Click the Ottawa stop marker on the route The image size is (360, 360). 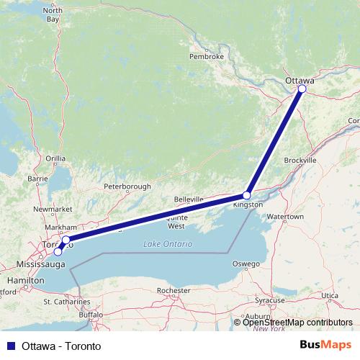point(302,89)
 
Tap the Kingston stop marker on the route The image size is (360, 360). point(247,195)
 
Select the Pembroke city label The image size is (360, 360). point(207,56)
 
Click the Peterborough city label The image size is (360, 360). point(127,186)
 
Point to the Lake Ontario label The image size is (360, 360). point(168,244)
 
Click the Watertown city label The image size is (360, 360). point(290,216)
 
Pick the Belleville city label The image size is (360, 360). point(190,199)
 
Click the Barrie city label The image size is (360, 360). point(37,178)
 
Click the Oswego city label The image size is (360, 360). point(246,264)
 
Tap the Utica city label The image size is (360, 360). point(329,295)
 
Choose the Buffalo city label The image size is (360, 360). point(91,315)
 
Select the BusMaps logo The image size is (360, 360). point(325,346)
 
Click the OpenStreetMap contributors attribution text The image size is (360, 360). point(297,322)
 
